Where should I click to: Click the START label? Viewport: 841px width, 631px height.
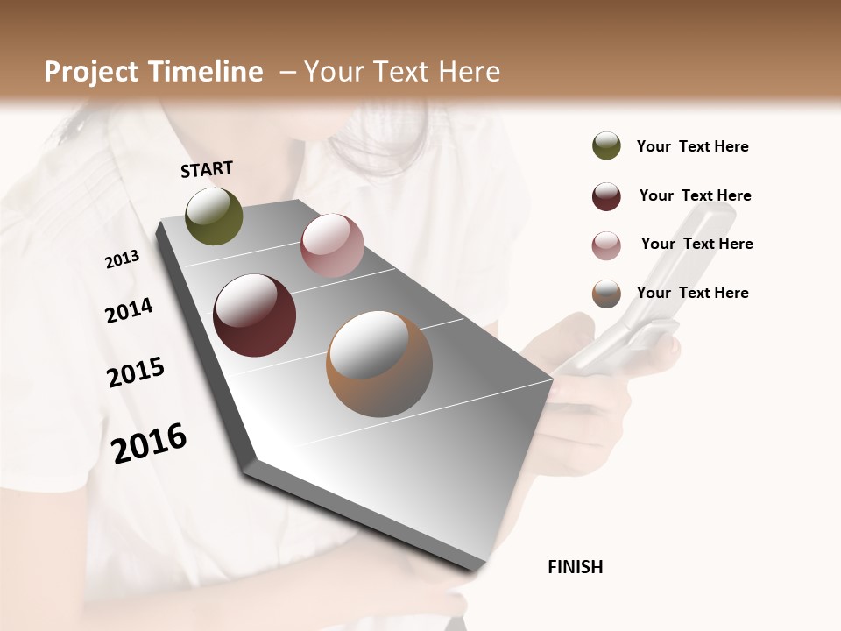[207, 169]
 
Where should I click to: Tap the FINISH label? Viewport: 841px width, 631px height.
[575, 567]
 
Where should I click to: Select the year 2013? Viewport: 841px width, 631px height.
[123, 259]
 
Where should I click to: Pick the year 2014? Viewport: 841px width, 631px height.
[130, 311]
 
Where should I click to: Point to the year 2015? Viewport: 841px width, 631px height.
[136, 372]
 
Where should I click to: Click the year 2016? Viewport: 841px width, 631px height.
[149, 443]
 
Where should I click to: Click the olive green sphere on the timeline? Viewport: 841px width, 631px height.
[215, 216]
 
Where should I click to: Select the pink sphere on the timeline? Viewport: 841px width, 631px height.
[332, 245]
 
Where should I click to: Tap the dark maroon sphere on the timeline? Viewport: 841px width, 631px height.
[255, 315]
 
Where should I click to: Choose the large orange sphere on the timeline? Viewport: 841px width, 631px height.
[379, 364]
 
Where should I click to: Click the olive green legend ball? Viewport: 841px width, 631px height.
[606, 145]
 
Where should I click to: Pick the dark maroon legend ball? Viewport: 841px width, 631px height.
[606, 196]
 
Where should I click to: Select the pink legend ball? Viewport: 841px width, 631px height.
[606, 245]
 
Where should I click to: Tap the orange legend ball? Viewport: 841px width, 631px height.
[606, 294]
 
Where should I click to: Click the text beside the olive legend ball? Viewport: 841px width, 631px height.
[692, 146]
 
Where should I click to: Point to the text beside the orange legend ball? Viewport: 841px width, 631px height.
[692, 293]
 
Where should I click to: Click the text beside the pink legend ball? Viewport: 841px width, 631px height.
[696, 244]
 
